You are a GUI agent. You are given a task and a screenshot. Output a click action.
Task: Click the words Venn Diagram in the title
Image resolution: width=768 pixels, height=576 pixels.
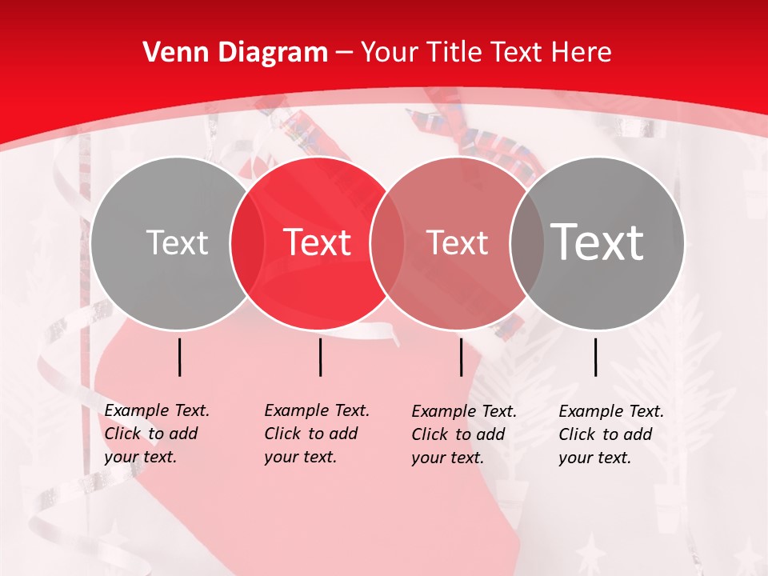[x=235, y=53]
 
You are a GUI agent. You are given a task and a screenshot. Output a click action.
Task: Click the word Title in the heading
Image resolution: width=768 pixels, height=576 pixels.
[x=455, y=53]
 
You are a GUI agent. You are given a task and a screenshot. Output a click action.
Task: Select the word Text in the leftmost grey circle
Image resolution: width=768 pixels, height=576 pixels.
[x=177, y=242]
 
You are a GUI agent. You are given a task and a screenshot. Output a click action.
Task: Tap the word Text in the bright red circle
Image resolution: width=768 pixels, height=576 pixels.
[x=318, y=242]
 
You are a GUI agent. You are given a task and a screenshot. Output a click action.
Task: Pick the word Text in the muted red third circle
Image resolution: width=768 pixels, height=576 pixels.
[x=457, y=242]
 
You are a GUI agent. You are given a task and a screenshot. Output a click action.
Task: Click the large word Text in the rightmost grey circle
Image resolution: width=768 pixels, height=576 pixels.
[x=598, y=242]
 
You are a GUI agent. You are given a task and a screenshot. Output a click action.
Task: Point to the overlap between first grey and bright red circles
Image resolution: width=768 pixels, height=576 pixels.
[x=247, y=243]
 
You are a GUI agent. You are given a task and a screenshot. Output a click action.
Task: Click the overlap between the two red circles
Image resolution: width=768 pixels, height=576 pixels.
[x=387, y=243]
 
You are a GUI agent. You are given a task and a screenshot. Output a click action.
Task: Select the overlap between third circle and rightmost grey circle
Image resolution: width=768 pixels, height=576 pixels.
[x=527, y=243]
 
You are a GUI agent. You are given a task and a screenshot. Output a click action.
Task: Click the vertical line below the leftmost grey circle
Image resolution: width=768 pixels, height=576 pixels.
[x=180, y=357]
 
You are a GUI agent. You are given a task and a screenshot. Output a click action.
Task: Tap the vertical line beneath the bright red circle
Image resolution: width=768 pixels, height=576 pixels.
[x=320, y=357]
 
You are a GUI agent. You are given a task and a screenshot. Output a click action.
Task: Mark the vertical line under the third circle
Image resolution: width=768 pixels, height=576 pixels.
[x=461, y=357]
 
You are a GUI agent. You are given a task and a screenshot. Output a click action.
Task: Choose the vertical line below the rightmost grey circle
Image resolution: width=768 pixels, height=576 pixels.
[x=596, y=357]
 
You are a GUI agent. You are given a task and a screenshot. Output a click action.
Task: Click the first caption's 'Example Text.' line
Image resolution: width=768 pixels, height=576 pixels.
[x=157, y=411]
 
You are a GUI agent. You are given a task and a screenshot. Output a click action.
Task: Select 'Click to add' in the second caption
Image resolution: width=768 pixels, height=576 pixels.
[x=311, y=434]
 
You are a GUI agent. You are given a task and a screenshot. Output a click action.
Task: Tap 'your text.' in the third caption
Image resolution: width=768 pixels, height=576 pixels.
[x=446, y=458]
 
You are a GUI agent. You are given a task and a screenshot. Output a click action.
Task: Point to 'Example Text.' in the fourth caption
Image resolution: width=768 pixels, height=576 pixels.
[x=611, y=412]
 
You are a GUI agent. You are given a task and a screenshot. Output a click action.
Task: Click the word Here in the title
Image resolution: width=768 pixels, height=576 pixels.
[x=582, y=53]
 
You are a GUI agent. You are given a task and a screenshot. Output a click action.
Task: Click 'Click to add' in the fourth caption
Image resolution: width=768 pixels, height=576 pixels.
[x=606, y=435]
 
